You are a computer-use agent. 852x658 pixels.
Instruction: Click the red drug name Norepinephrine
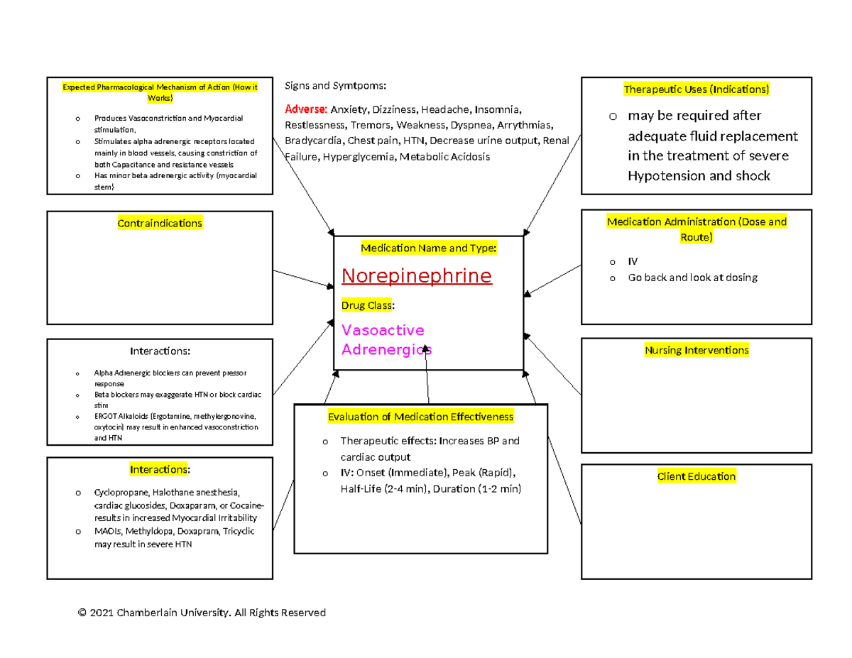[x=416, y=276]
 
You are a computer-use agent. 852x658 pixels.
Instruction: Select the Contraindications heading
[x=160, y=224]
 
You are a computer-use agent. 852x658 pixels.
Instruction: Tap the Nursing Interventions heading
[x=697, y=350]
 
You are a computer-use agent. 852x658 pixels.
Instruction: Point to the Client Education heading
[x=697, y=476]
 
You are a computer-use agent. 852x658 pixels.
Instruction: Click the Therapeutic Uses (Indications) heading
[x=697, y=89]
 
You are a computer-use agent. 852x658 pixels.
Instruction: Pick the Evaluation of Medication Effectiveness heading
[x=420, y=417]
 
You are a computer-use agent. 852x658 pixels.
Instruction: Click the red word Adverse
[x=305, y=110]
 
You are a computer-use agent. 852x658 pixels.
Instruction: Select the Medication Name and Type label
[x=429, y=248]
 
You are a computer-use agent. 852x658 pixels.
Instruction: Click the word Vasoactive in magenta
[x=383, y=331]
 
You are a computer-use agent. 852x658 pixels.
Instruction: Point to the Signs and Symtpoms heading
[x=335, y=86]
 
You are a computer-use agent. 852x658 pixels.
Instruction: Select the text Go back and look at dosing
[x=692, y=278]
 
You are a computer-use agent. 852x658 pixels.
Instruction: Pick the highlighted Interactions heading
[x=160, y=469]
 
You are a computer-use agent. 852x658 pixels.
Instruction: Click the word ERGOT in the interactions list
[x=106, y=417]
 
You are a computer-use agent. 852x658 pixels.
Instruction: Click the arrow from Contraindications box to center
[x=302, y=278]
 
